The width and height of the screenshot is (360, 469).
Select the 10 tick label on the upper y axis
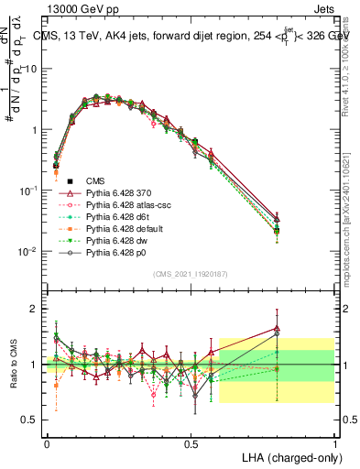[31, 70]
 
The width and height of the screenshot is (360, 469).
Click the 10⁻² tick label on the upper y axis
[30, 251]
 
